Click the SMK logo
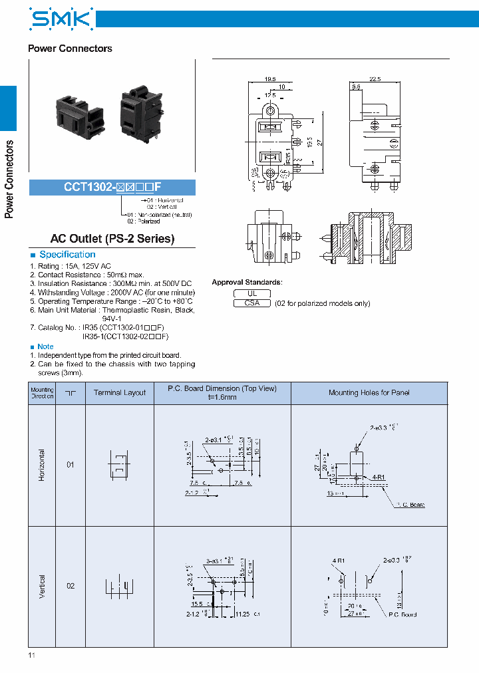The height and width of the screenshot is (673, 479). pyautogui.click(x=61, y=19)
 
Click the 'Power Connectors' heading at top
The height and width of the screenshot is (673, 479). pyautogui.click(x=70, y=49)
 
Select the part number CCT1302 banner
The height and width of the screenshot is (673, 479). pyautogui.click(x=112, y=188)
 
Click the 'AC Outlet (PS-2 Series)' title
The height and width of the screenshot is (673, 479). pyautogui.click(x=112, y=239)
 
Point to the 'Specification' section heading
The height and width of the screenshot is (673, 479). pyautogui.click(x=67, y=255)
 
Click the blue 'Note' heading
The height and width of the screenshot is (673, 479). pyautogui.click(x=45, y=346)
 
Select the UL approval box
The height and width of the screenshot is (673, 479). pyautogui.click(x=252, y=293)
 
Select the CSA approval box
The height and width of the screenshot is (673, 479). pyautogui.click(x=252, y=303)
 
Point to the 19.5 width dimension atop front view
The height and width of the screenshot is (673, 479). pyautogui.click(x=270, y=78)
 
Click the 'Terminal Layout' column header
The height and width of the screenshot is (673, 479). pyautogui.click(x=120, y=393)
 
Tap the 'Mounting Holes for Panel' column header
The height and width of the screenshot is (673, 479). pyautogui.click(x=369, y=393)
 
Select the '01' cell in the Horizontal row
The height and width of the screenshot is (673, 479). pyautogui.click(x=70, y=465)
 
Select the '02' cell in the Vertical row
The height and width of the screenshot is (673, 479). pyautogui.click(x=70, y=586)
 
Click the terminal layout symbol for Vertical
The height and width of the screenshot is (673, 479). pyautogui.click(x=120, y=586)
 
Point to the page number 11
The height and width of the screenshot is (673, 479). pyautogui.click(x=31, y=656)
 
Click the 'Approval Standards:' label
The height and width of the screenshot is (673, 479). pyautogui.click(x=247, y=283)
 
